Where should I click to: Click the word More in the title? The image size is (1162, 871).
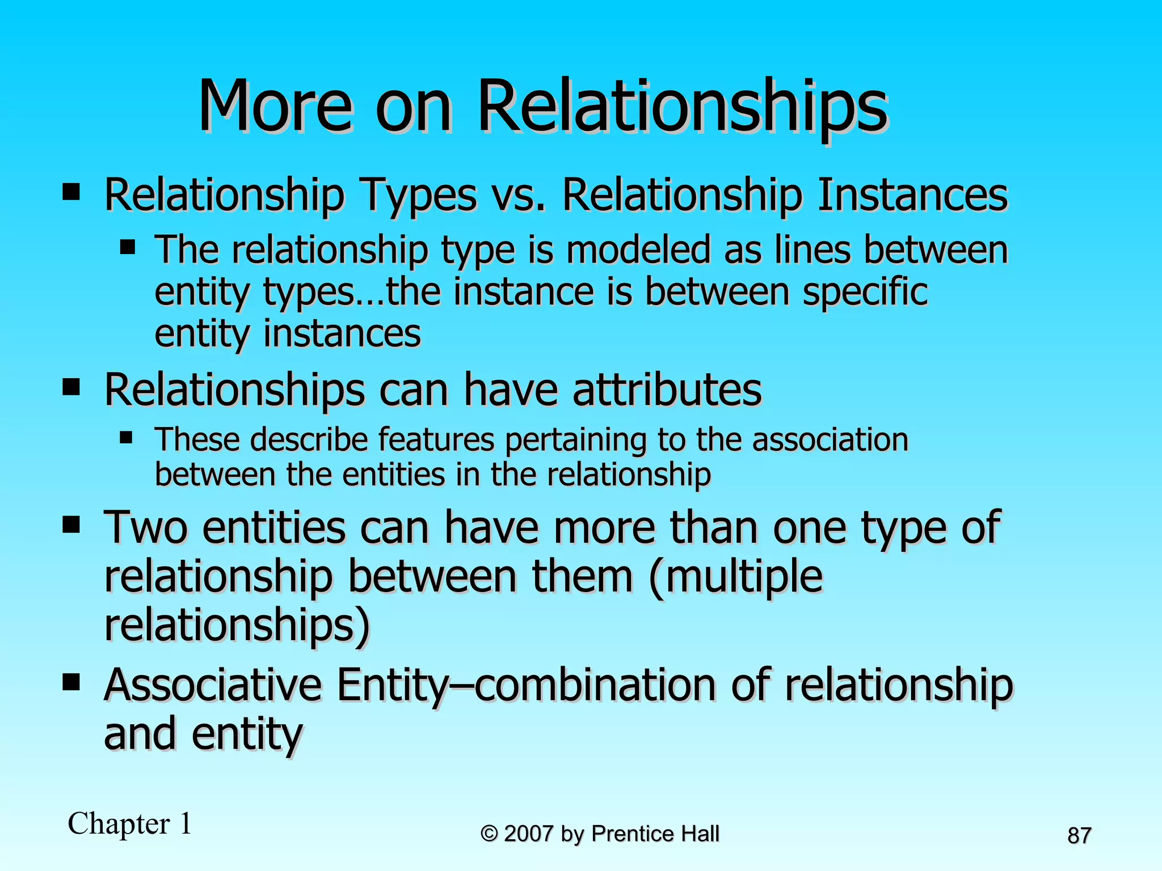275,107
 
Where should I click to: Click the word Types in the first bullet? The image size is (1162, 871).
418,195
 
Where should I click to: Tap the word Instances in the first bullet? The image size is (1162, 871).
912,195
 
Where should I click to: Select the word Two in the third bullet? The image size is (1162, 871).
145,527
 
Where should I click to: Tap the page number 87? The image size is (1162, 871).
1079,836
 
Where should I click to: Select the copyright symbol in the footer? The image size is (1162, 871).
489,834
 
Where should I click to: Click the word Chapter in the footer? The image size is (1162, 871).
119,824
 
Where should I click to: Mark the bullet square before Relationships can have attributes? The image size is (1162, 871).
71,388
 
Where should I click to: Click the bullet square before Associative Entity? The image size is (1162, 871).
71,681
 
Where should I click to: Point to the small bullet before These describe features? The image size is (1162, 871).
127,438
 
